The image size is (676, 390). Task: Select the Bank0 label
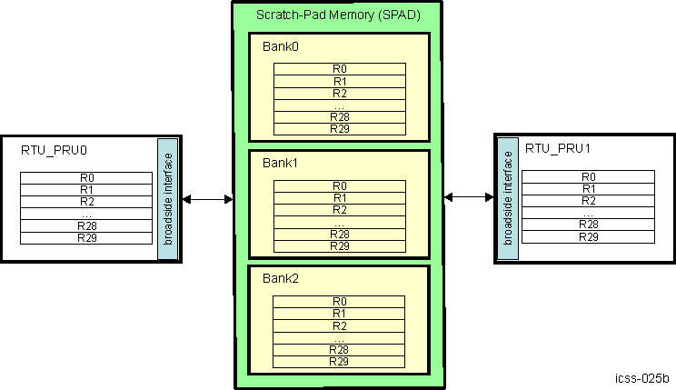[x=280, y=47]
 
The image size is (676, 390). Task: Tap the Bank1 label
[x=280, y=164]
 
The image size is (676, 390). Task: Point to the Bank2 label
[x=280, y=279]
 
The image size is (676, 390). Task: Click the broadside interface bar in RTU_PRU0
[x=166, y=198]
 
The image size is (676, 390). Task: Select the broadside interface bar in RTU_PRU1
[x=509, y=197]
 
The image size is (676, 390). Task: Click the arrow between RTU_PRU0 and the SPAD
[x=207, y=199]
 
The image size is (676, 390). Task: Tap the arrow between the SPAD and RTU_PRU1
[x=469, y=197]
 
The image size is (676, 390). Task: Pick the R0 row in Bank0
[x=339, y=69]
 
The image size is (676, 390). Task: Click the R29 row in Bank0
[x=339, y=129]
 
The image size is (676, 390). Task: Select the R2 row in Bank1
[x=339, y=210]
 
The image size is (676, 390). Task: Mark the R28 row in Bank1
[x=339, y=234]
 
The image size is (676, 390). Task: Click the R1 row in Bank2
[x=339, y=314]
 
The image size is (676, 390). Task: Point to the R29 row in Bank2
[x=339, y=362]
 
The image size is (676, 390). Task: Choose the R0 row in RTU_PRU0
[x=87, y=177]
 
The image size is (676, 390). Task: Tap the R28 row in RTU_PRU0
[x=87, y=225]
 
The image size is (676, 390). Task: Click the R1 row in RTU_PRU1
[x=589, y=188]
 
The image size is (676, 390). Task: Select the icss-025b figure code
[x=641, y=377]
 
